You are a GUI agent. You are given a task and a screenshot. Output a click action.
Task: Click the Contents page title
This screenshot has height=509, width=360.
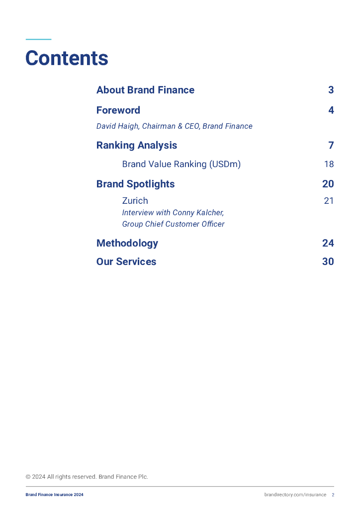tap(67, 58)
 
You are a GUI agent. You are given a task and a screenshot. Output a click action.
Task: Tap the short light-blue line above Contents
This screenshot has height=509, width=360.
tap(38, 39)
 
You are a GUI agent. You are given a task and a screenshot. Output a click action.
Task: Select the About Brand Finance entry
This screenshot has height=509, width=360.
tap(145, 90)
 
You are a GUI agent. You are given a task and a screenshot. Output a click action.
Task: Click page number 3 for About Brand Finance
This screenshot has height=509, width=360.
tap(331, 90)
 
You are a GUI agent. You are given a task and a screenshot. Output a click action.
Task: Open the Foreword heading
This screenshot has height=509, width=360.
tap(118, 110)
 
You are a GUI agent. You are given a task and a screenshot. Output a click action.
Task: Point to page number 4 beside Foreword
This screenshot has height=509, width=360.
tap(331, 110)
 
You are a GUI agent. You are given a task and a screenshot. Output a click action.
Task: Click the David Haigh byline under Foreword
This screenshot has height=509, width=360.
tap(174, 126)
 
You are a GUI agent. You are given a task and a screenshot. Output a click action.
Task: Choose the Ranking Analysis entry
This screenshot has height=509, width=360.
tap(137, 146)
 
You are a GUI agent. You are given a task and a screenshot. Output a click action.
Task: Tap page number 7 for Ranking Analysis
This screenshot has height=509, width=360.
tap(331, 146)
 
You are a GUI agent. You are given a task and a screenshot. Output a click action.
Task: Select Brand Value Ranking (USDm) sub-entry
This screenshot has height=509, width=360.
tap(181, 164)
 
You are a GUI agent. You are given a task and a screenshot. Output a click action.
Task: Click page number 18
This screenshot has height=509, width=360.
tap(329, 164)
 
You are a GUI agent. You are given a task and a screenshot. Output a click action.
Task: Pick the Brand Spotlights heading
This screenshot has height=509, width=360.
tap(135, 184)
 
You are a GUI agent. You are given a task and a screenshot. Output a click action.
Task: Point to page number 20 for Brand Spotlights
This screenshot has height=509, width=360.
tap(328, 184)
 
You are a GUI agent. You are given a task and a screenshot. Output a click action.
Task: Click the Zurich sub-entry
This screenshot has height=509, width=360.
tap(135, 201)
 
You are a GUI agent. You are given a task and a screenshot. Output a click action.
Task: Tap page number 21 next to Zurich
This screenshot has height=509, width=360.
tap(329, 201)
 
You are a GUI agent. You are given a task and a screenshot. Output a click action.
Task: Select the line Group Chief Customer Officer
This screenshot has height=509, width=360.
tap(173, 224)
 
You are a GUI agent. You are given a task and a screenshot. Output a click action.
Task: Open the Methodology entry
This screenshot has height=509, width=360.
tap(127, 243)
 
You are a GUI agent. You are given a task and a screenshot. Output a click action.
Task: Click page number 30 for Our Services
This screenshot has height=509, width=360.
tap(328, 261)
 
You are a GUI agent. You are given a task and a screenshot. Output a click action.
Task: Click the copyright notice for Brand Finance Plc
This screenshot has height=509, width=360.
tap(87, 477)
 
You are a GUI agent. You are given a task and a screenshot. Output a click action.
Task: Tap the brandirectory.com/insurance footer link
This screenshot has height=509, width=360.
tap(295, 495)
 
